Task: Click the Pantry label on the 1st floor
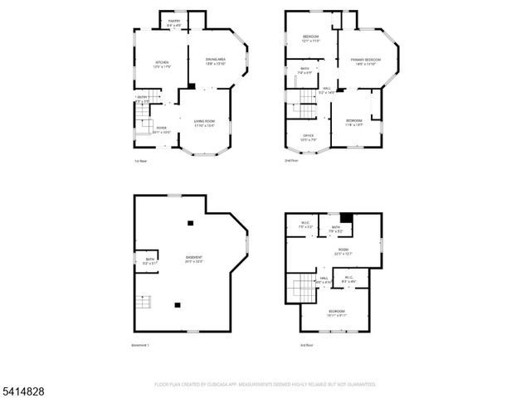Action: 173,21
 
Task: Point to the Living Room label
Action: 205,124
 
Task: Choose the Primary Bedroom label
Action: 365,61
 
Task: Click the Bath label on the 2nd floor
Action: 304,70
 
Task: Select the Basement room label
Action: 193,259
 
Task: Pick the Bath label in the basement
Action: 150,260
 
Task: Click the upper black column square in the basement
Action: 190,221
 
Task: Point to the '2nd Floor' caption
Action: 292,161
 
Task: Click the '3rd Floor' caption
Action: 308,345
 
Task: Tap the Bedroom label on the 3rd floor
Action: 336,313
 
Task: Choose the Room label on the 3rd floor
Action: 343,251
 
